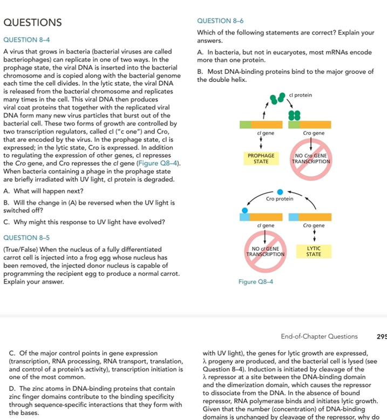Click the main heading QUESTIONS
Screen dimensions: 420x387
pyautogui.click(x=32, y=23)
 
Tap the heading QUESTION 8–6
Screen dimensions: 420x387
pyautogui.click(x=221, y=21)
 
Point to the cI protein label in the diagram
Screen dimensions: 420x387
pyautogui.click(x=301, y=95)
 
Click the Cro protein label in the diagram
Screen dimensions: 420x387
pyautogui.click(x=280, y=199)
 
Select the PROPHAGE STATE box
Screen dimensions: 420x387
pyautogui.click(x=261, y=159)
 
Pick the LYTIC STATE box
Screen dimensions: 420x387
pyautogui.click(x=314, y=251)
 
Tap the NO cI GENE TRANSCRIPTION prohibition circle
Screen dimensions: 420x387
pyautogui.click(x=264, y=251)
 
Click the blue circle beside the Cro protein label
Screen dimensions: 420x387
pyautogui.click(x=280, y=191)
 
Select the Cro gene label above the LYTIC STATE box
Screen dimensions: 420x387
pyautogui.click(x=314, y=225)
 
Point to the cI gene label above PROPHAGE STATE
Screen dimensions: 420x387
pyautogui.click(x=264, y=133)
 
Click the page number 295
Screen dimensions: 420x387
pyautogui.click(x=382, y=336)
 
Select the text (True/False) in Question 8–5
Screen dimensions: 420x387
pyautogui.click(x=22, y=249)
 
